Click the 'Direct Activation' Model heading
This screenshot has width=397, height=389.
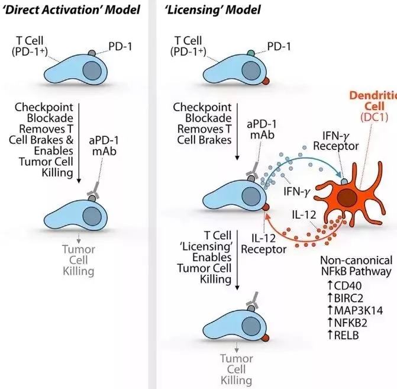coord(70,10)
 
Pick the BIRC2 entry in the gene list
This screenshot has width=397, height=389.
coord(346,297)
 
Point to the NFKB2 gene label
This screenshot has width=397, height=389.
coord(349,323)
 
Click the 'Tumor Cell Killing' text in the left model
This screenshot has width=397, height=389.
coord(78,260)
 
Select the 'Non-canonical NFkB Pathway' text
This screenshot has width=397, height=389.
coord(356,266)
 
